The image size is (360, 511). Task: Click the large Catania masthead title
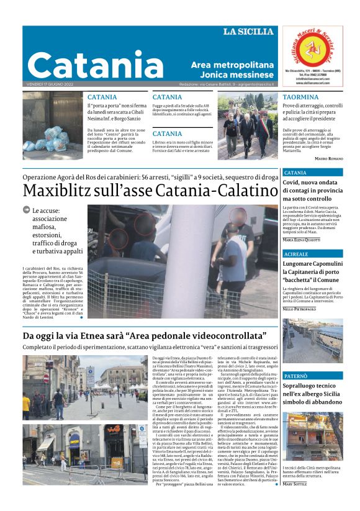click(x=86, y=65)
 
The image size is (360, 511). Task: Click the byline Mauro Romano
click(x=329, y=160)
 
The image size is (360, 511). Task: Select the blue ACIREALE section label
click(x=296, y=255)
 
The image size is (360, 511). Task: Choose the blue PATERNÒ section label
click(x=296, y=376)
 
